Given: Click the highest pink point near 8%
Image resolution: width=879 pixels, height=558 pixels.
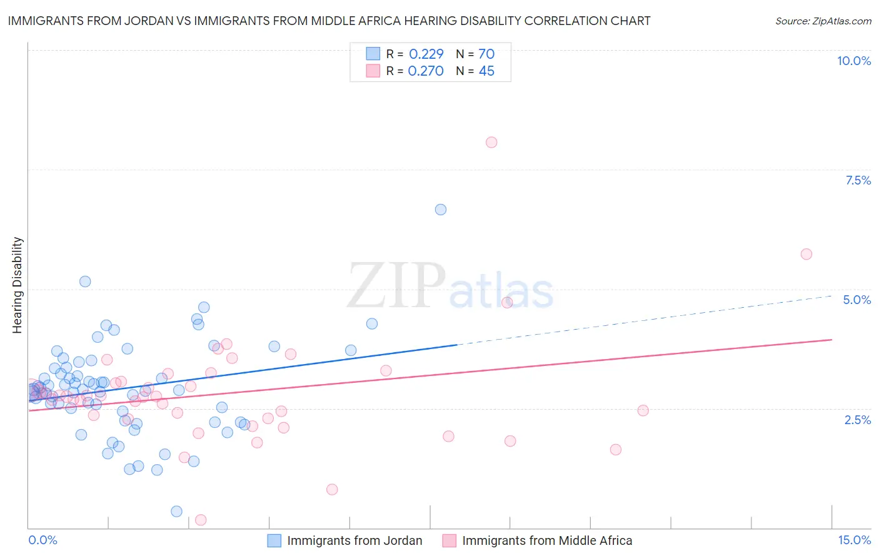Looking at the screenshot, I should [491, 142].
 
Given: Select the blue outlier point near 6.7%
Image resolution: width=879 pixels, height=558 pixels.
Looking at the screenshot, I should [441, 210].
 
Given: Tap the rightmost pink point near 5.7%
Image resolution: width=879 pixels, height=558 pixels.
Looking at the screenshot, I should [806, 254].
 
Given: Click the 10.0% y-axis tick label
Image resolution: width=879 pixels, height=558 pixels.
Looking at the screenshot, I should [853, 61].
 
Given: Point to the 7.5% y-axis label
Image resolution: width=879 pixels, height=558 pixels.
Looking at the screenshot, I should [858, 180].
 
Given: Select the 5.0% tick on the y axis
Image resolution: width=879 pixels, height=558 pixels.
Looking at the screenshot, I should [856, 300].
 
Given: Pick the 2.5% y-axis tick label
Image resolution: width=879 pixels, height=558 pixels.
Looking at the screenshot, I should [857, 420].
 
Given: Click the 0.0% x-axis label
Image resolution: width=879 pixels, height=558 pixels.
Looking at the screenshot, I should [43, 540].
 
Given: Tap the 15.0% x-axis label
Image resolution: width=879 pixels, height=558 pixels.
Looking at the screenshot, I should [854, 540].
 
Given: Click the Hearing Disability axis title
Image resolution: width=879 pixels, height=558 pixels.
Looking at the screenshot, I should [18, 285].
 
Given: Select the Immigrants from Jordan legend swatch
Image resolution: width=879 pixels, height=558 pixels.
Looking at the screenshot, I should [274, 540].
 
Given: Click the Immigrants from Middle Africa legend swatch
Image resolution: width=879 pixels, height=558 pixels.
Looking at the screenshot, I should [450, 540].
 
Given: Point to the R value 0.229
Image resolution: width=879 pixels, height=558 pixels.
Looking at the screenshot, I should [426, 54].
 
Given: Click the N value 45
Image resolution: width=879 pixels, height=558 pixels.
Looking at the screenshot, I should [486, 71].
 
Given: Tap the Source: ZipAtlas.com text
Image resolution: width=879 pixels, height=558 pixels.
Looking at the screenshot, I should [823, 21].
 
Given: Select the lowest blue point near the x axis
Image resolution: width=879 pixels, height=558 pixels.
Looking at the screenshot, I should [177, 512].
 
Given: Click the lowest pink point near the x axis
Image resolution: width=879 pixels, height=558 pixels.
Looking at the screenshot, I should [201, 520].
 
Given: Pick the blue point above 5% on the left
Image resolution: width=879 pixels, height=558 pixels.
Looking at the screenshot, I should [85, 282].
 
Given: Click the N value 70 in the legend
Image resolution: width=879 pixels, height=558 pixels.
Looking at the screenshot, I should [486, 54].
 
